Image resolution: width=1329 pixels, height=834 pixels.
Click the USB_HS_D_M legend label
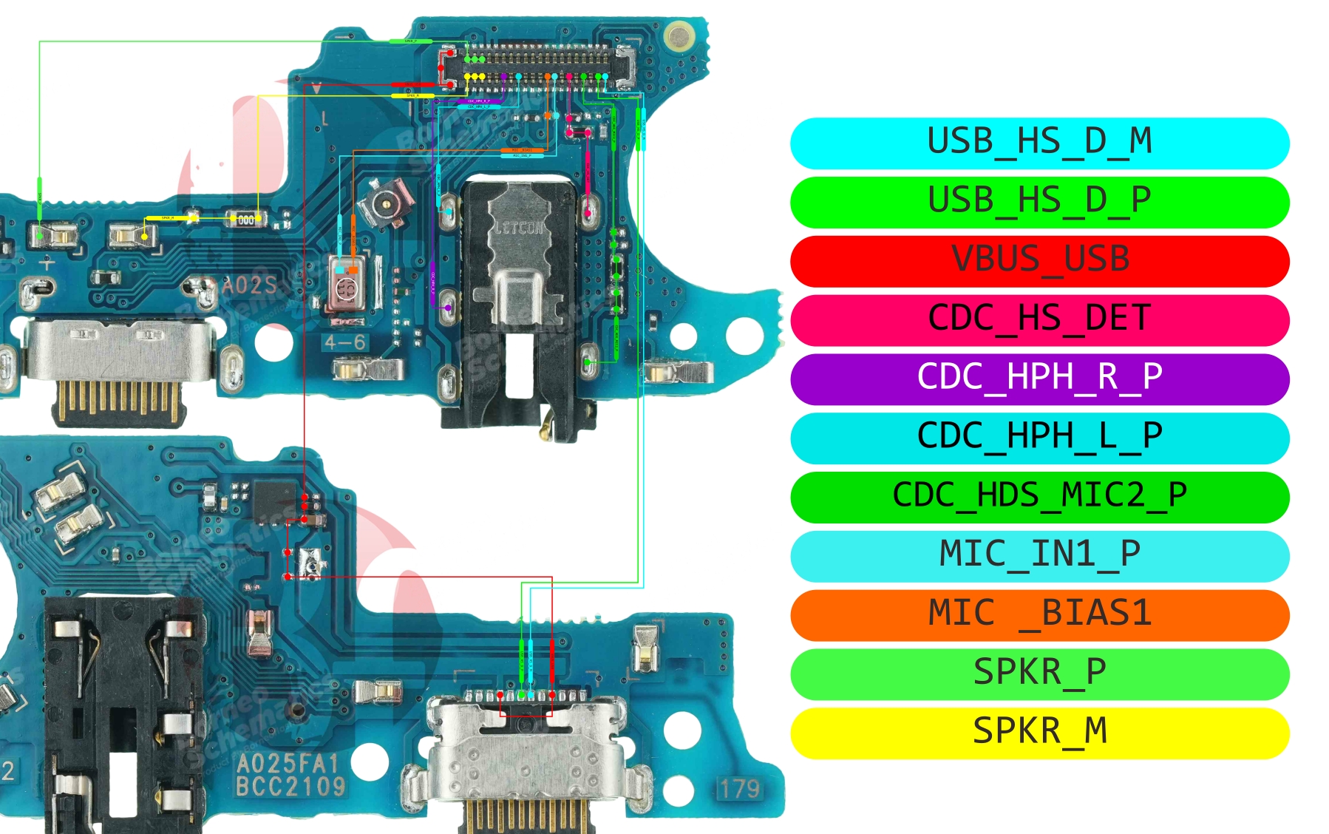tap(1039, 143)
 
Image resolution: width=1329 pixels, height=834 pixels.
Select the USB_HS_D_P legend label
tap(1039, 202)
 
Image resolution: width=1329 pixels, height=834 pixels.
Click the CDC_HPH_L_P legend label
tap(1039, 438)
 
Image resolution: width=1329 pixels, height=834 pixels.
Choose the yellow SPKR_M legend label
tap(1039, 733)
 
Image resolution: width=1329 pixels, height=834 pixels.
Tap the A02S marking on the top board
tap(249, 285)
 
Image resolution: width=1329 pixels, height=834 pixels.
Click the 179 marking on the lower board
tap(739, 789)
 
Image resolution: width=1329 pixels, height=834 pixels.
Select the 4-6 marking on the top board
tap(345, 342)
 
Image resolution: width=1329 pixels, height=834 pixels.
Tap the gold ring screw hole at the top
tap(678, 35)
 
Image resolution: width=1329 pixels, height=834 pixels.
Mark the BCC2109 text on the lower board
tap(290, 787)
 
